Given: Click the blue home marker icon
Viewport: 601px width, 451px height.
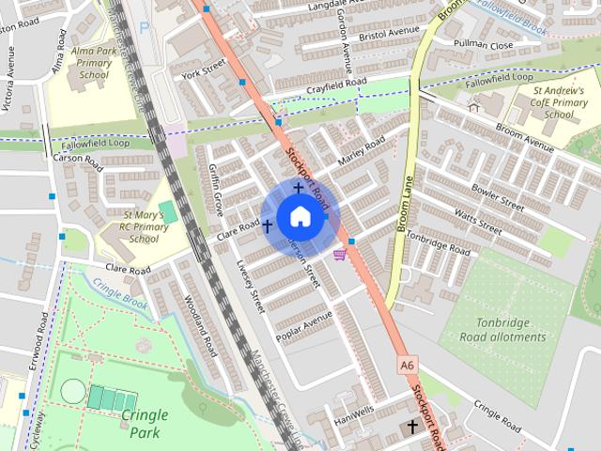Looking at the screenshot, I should tap(300, 217).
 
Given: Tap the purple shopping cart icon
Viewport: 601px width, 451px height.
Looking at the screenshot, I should tap(339, 253).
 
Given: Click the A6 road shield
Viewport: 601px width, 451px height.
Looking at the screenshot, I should tap(407, 364).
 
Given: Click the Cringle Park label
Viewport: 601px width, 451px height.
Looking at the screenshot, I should tap(144, 422).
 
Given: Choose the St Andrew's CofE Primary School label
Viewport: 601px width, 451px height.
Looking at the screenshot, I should tap(559, 102).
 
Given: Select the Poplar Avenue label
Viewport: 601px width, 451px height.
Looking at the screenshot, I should tap(304, 325).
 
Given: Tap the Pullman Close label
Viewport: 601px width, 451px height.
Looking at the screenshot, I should tap(484, 45).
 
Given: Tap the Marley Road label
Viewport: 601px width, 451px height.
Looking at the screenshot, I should tap(362, 151).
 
